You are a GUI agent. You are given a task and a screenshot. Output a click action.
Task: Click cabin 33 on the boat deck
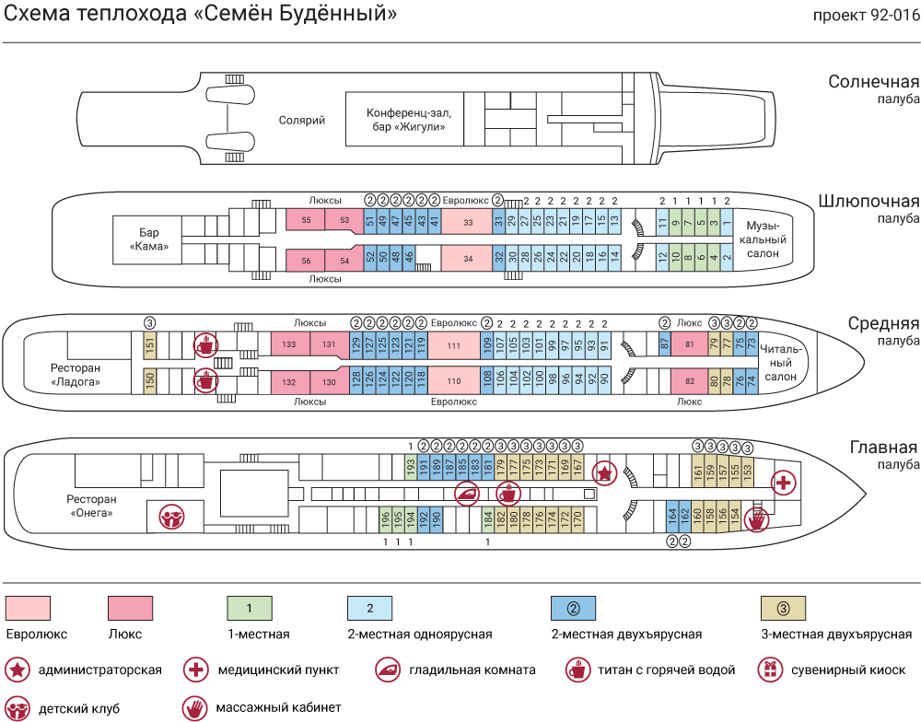[468, 222]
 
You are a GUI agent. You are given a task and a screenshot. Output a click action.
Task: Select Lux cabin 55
[306, 219]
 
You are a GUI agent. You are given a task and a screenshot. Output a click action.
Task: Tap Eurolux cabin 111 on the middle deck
[453, 344]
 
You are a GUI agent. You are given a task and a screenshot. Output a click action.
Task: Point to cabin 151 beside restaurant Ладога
[150, 344]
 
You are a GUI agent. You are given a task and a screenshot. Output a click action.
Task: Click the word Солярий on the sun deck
[301, 121]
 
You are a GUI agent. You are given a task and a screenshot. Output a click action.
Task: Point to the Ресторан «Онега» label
[91, 506]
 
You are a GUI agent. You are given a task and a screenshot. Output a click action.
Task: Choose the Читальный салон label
[781, 363]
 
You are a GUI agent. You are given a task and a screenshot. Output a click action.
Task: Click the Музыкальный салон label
[763, 239]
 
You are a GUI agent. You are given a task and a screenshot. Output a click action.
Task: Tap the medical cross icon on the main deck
[783, 483]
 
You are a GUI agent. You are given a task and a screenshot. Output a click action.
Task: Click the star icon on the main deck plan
[603, 472]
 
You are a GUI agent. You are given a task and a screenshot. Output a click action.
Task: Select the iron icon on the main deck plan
[467, 493]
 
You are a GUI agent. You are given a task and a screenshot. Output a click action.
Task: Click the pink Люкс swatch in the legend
[131, 608]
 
